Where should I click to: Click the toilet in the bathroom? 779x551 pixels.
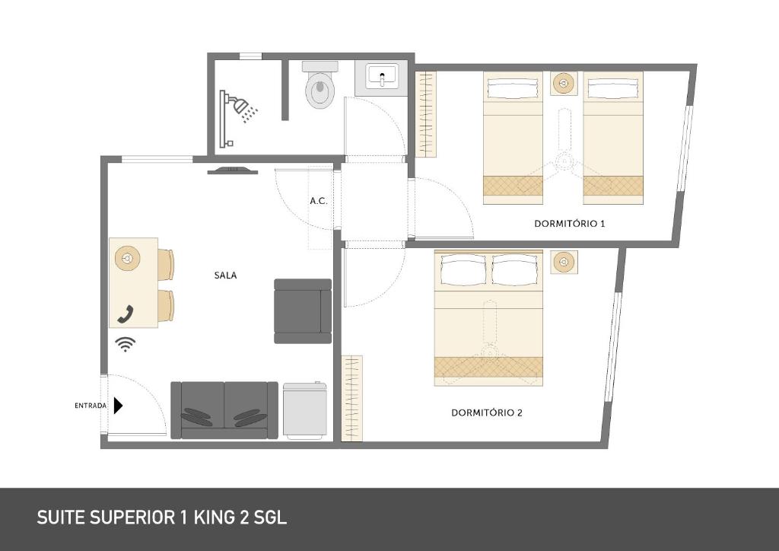point(320,88)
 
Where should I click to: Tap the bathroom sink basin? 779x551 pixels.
point(381,75)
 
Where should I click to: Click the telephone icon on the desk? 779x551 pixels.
point(126,313)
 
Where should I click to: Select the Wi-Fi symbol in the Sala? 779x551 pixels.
point(126,344)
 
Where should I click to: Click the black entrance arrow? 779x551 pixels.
point(118,406)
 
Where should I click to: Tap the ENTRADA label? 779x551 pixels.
point(91,406)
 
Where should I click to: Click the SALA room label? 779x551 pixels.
point(225,275)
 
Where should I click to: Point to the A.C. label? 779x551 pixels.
point(319,201)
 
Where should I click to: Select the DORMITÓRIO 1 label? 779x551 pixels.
point(569,224)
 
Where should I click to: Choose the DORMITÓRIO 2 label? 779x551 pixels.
point(487,412)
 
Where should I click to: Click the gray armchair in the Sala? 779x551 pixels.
point(303,311)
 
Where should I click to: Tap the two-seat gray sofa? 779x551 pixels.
point(224,410)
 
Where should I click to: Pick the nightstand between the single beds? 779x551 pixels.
point(564,83)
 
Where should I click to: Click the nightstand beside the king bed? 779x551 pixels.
point(564,263)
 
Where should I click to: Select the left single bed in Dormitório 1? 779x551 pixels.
point(514,138)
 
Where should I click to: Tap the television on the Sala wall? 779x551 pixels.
point(231,170)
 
